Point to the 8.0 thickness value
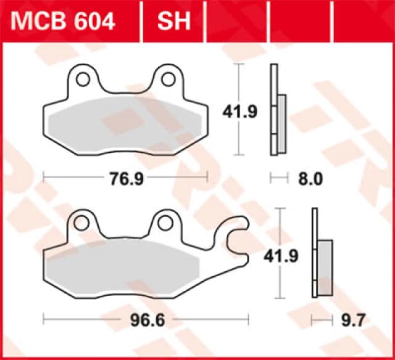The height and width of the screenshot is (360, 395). click(x=310, y=179)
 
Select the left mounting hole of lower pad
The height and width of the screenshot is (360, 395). click(x=83, y=222)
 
